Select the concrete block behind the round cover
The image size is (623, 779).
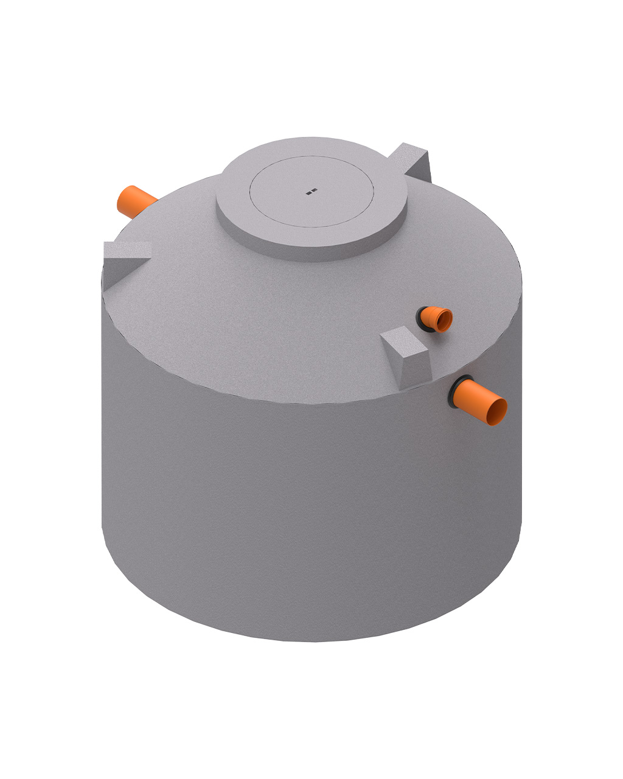tap(414, 161)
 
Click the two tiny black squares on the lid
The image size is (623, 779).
tap(311, 192)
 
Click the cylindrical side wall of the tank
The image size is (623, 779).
tap(304, 517)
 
